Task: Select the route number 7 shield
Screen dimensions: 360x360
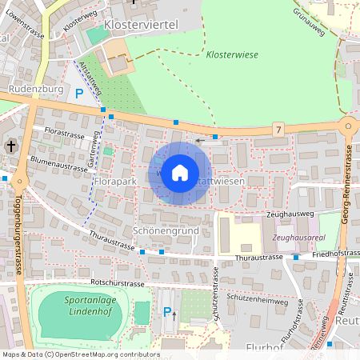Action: (x=278, y=129)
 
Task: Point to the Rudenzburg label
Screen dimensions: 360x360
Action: (x=35, y=90)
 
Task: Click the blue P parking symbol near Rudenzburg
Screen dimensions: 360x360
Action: (x=78, y=94)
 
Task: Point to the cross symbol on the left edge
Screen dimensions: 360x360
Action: (x=10, y=146)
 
